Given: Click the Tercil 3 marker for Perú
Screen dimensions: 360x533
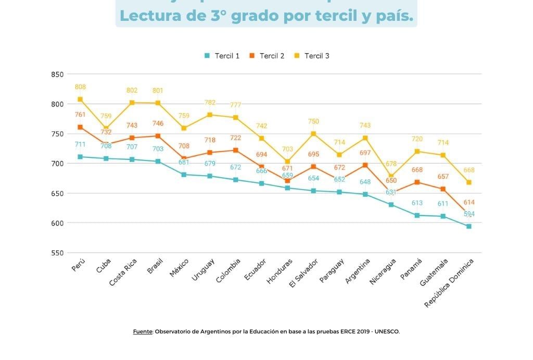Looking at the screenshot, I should click(x=80, y=100).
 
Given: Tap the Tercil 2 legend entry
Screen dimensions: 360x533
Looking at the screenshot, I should click(x=266, y=56).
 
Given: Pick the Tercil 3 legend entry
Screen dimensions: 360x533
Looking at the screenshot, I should click(x=312, y=56).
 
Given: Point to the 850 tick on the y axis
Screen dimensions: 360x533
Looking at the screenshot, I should click(x=57, y=75).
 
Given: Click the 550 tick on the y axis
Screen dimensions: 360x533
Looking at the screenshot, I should click(x=57, y=253).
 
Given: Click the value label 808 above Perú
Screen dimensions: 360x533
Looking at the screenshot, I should click(x=80, y=87).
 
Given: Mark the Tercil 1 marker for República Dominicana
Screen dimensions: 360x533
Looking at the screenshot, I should click(x=469, y=226).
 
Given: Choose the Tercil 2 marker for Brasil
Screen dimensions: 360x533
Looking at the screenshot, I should click(x=158, y=136).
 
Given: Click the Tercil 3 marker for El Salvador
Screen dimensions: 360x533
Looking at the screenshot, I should click(x=313, y=134).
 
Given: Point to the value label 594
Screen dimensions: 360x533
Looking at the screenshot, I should click(x=469, y=214).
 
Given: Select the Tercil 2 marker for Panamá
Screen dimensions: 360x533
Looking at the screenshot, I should click(x=417, y=182).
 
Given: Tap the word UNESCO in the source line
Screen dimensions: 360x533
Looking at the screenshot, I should click(x=387, y=331).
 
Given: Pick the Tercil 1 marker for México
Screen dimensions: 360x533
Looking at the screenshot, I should click(x=184, y=175).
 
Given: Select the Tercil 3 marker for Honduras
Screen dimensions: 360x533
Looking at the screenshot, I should click(x=287, y=162).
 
